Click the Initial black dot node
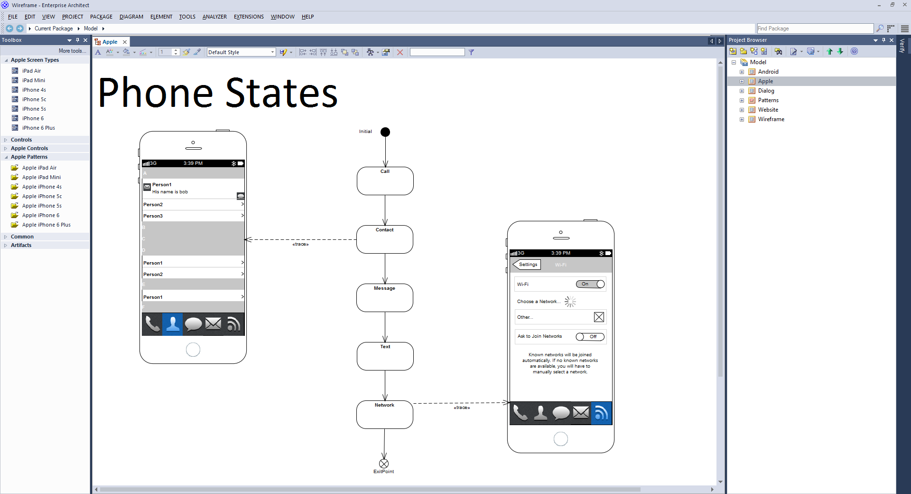click(x=385, y=132)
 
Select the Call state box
click(x=385, y=181)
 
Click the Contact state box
click(x=385, y=239)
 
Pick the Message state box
click(x=385, y=298)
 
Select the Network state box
click(x=385, y=415)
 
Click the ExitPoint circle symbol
click(x=384, y=464)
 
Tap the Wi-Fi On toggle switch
click(x=590, y=284)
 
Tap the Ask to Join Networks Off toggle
click(x=590, y=337)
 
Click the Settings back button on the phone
click(x=527, y=265)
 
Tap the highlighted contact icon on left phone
click(x=173, y=324)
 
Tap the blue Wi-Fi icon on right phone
click(x=601, y=413)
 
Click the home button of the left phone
click(x=193, y=350)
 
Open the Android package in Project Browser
click(x=768, y=72)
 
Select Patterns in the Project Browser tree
click(x=768, y=100)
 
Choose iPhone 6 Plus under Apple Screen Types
click(x=38, y=128)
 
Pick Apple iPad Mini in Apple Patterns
click(x=41, y=177)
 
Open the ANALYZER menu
click(x=214, y=17)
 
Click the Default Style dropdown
click(x=242, y=52)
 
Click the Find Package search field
click(x=815, y=28)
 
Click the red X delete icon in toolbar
click(x=400, y=52)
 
